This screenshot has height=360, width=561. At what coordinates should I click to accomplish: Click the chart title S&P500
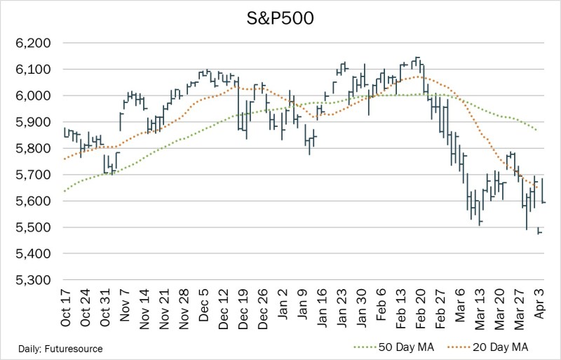[280, 18]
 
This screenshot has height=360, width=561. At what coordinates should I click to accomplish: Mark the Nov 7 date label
[126, 306]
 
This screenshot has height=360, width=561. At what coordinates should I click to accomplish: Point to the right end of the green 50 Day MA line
[537, 130]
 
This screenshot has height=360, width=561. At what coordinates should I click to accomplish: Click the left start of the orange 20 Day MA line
[63, 159]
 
